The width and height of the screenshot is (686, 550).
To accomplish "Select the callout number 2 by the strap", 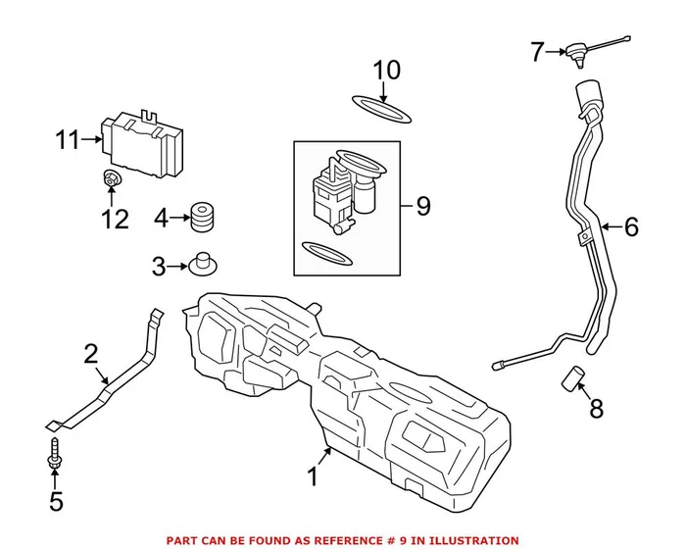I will pyautogui.click(x=91, y=354).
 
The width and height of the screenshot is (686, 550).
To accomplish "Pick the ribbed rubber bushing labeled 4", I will pyautogui.click(x=201, y=218).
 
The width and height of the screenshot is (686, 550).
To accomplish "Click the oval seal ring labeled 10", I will pyautogui.click(x=382, y=110).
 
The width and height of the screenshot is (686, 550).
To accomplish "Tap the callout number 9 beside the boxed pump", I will pyautogui.click(x=422, y=206).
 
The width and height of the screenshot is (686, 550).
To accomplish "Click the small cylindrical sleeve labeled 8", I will pyautogui.click(x=572, y=377).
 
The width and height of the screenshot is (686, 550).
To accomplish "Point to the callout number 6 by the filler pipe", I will pyautogui.click(x=630, y=227).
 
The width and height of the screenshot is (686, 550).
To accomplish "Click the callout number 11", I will pyautogui.click(x=67, y=140).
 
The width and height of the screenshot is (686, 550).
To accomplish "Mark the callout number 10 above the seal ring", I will pyautogui.click(x=387, y=71).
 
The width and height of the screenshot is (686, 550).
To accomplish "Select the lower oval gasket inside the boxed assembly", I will pyautogui.click(x=324, y=253).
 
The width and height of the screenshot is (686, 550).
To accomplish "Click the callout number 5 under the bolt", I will pyautogui.click(x=56, y=502).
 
